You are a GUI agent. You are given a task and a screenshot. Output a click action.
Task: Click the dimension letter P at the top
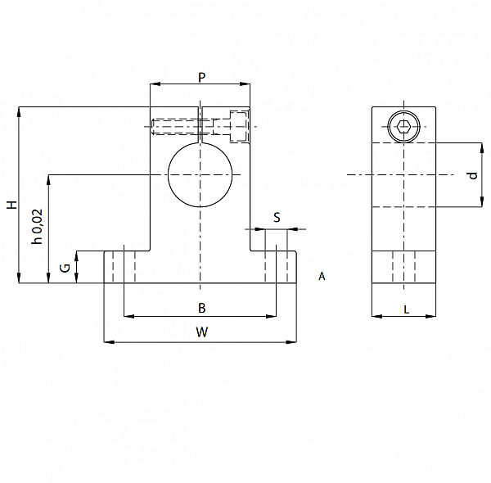click(x=202, y=77)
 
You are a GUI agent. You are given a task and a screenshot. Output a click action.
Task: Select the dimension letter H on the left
click(x=12, y=205)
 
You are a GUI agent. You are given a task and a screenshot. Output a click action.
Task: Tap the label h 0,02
click(x=37, y=227)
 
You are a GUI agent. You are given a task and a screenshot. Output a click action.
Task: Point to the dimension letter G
click(x=65, y=269)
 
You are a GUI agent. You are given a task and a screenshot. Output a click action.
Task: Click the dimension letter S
click(x=277, y=218)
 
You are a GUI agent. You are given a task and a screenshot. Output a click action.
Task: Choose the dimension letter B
click(x=202, y=308)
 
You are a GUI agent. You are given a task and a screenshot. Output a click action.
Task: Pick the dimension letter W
click(x=202, y=332)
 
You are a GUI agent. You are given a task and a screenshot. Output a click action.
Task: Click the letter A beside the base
click(x=322, y=276)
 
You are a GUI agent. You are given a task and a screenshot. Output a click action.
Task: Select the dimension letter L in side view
click(x=407, y=310)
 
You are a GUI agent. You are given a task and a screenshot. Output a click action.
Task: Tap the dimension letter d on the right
click(x=473, y=175)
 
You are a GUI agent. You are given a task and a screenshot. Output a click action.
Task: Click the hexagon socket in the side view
click(x=403, y=127)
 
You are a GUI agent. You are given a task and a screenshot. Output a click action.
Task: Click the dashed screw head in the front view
click(x=240, y=127)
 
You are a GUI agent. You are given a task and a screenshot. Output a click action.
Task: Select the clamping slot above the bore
click(x=200, y=124)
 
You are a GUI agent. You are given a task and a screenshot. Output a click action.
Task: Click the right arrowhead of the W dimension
click(x=291, y=342)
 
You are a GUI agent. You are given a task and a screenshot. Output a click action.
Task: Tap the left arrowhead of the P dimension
click(x=155, y=84)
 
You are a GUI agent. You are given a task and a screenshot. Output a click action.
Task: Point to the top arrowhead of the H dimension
click(x=19, y=112)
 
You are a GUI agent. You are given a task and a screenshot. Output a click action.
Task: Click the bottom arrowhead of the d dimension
click(x=482, y=201)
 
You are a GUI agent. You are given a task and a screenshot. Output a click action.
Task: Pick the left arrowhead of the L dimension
click(x=377, y=316)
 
